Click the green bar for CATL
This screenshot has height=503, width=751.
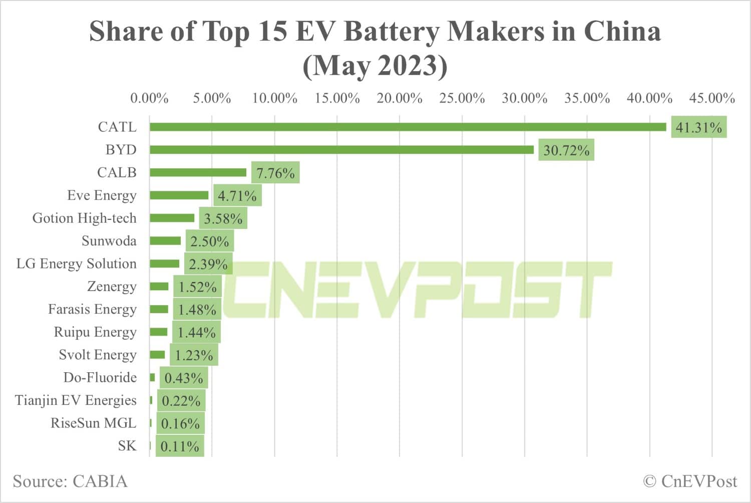point(408,127)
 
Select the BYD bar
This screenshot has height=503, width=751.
point(341,150)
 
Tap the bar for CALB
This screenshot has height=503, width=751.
point(198,172)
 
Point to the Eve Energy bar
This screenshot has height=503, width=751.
point(179,195)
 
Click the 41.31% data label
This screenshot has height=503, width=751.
point(698,127)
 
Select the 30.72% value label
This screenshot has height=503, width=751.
point(566,150)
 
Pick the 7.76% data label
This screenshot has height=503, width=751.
point(275,173)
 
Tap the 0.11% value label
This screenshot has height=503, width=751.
point(180,446)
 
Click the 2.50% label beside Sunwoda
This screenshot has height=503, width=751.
point(209,241)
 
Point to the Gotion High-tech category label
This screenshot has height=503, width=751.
point(84,218)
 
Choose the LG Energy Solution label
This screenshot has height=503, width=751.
point(76,264)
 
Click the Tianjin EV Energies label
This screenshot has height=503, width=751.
point(76,400)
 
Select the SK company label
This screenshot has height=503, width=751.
point(127,446)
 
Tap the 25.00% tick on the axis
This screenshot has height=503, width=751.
point(462,98)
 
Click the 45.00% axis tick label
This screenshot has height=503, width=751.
point(711,98)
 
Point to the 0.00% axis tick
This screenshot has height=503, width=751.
point(149,98)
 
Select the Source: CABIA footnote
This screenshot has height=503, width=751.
point(70,481)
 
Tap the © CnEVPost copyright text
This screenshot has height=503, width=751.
point(690,481)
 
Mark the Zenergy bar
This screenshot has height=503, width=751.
point(159,287)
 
